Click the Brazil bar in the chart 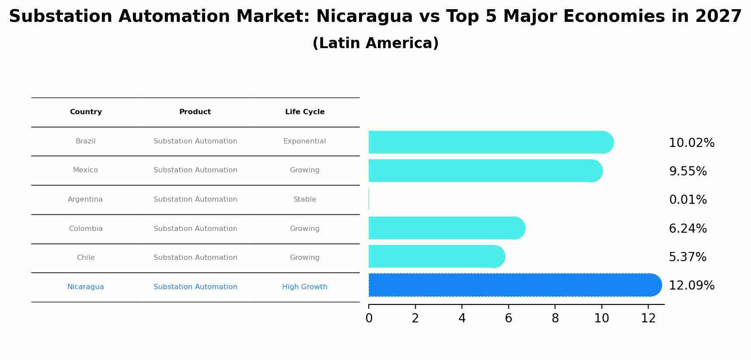point(490,142)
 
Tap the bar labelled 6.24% point(446,228)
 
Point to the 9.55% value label point(688,171)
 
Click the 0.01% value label point(688,200)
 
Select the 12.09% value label point(692,286)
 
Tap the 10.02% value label point(692,143)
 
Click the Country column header point(86,112)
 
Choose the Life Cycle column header point(305,112)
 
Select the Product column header point(195,112)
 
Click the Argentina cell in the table point(85,199)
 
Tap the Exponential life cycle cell point(304,141)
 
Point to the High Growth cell point(304,287)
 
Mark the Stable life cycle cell point(304,199)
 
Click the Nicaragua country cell point(85,287)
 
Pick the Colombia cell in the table point(86,229)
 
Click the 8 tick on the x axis point(555,318)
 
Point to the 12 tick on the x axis point(648,318)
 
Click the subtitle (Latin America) point(375,43)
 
